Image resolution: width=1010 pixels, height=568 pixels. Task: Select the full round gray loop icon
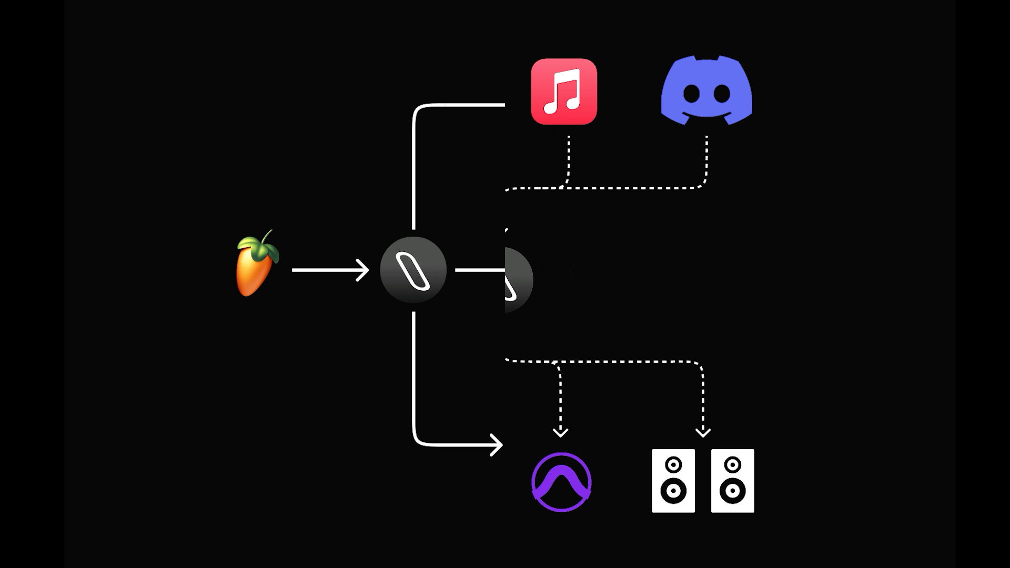point(413,270)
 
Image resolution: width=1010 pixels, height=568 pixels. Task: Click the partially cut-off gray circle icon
point(518,280)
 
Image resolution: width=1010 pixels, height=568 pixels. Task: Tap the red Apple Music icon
point(564,92)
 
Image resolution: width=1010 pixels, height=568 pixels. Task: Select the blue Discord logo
point(706,90)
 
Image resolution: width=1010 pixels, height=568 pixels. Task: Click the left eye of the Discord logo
point(691,94)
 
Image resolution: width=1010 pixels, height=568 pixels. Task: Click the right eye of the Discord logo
point(722,94)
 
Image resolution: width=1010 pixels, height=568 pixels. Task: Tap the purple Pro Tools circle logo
point(561,482)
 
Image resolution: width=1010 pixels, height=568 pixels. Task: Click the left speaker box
point(673,481)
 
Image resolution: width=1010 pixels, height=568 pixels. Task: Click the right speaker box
point(732,481)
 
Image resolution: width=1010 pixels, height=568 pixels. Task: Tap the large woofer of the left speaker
point(673,491)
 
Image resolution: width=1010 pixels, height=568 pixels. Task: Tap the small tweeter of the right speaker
point(732,465)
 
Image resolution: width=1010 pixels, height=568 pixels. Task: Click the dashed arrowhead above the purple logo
point(560,432)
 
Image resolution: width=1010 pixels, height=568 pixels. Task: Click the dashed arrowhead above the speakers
point(703,432)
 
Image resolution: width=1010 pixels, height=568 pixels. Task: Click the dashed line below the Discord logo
point(706,158)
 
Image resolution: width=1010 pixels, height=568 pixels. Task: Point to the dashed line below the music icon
point(569,158)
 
